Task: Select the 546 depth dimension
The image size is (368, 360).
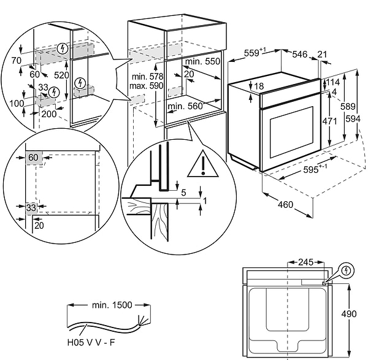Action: pos(300,55)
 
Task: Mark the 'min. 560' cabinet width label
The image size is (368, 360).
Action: pos(185,106)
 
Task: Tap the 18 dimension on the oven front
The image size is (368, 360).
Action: pos(260,86)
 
